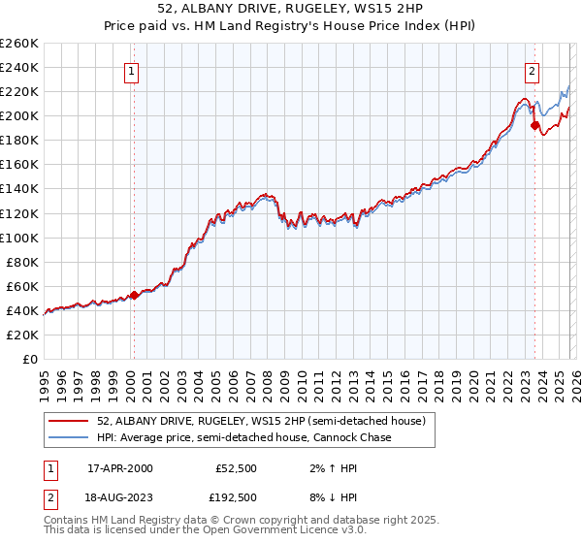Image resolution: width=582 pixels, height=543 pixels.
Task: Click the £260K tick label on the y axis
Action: [19, 44]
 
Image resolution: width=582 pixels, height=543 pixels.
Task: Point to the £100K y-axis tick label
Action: [19, 238]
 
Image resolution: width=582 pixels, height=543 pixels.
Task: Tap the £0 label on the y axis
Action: [30, 359]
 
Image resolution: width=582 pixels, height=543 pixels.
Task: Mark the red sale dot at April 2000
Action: [134, 295]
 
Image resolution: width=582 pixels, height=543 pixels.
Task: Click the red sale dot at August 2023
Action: [534, 125]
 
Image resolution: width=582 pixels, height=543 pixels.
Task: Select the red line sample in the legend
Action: [68, 421]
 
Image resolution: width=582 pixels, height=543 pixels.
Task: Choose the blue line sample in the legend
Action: [68, 438]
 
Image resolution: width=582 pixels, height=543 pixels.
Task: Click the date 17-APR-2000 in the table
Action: [119, 468]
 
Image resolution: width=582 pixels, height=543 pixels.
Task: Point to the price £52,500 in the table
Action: [236, 468]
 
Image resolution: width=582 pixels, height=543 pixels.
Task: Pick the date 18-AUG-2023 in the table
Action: [120, 497]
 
